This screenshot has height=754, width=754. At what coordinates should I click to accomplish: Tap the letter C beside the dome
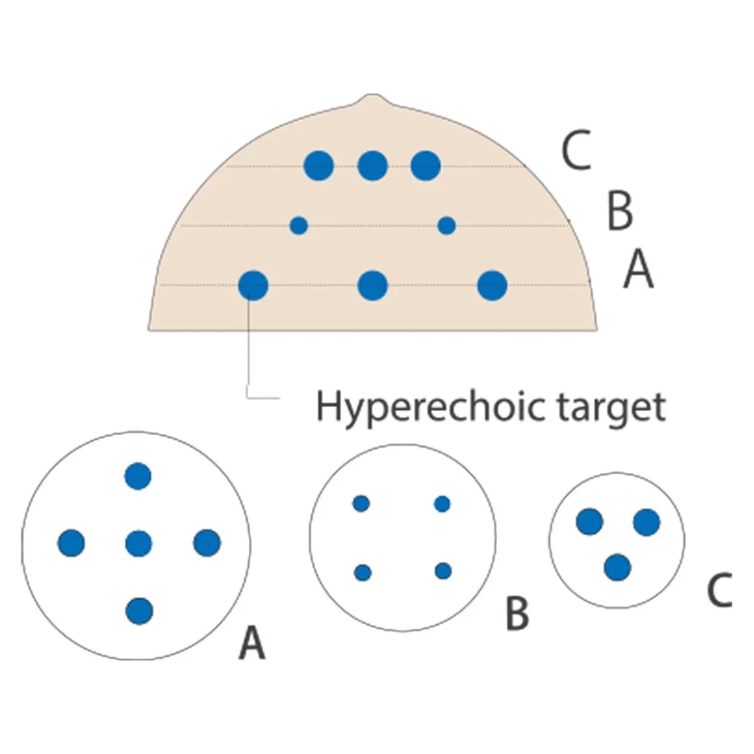(x=576, y=150)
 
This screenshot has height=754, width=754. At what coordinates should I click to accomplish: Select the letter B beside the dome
(x=620, y=211)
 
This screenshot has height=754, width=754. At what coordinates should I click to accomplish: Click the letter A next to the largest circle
(x=252, y=642)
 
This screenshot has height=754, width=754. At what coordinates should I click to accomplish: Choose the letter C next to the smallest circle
(x=719, y=590)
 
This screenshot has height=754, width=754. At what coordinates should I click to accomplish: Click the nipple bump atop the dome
(x=373, y=99)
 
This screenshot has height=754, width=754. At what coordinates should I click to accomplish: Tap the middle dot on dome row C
(x=373, y=166)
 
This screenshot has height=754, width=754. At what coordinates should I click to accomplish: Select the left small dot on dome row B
(x=299, y=225)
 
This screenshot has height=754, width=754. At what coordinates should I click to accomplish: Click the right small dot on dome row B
(x=447, y=225)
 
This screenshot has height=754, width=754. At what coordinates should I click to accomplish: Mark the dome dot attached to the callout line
(x=253, y=286)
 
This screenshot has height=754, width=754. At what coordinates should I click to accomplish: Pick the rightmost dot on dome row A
(x=492, y=286)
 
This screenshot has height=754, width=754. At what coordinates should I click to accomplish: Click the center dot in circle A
(x=138, y=544)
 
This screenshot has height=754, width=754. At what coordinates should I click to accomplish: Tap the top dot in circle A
(x=138, y=476)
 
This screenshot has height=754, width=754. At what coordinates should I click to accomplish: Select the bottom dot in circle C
(x=618, y=568)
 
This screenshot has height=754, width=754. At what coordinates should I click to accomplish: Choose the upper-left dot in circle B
(x=361, y=504)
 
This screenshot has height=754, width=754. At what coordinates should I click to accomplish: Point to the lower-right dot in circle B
(x=443, y=571)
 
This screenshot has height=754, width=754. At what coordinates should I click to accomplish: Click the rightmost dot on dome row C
(x=426, y=166)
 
